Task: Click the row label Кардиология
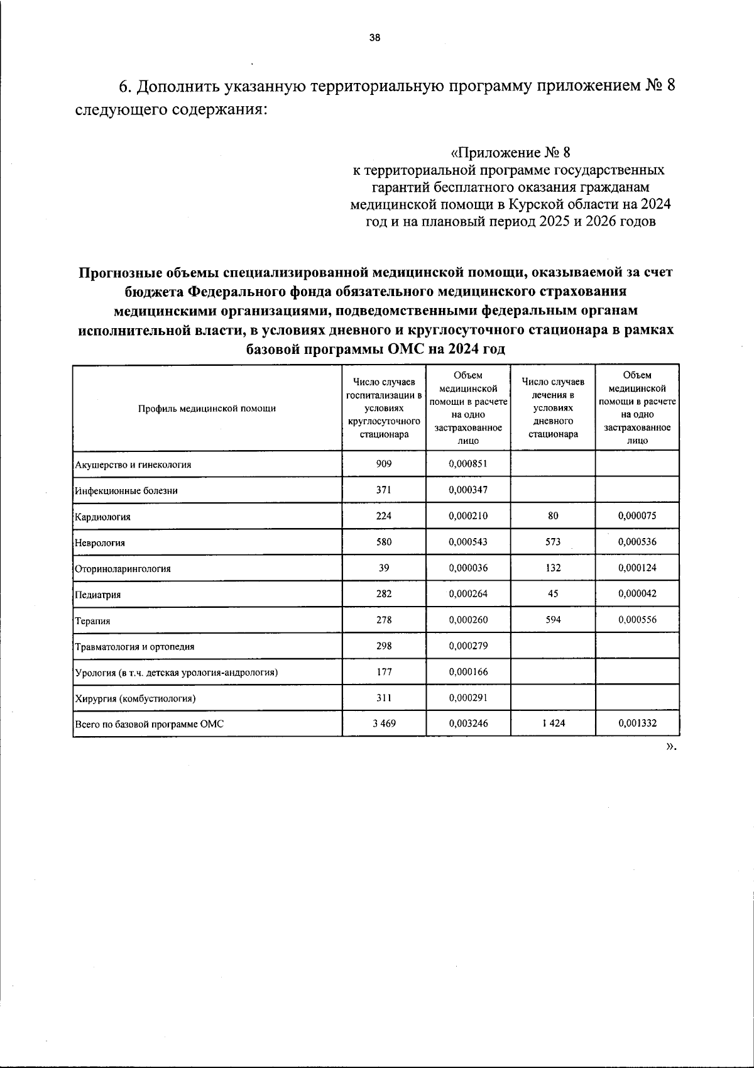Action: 103,517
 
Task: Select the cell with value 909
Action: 384,464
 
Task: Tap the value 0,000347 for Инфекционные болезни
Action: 468,490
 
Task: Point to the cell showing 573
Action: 553,542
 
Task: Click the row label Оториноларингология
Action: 123,569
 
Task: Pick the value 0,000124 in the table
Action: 637,568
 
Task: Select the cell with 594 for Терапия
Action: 553,620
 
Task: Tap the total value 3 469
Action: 384,724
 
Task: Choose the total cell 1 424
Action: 553,724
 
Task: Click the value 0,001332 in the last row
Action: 637,724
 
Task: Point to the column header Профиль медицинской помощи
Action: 207,409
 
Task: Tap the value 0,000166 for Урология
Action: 468,672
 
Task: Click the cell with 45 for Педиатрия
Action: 553,593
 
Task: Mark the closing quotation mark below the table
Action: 670,746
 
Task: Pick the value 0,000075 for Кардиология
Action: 637,516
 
